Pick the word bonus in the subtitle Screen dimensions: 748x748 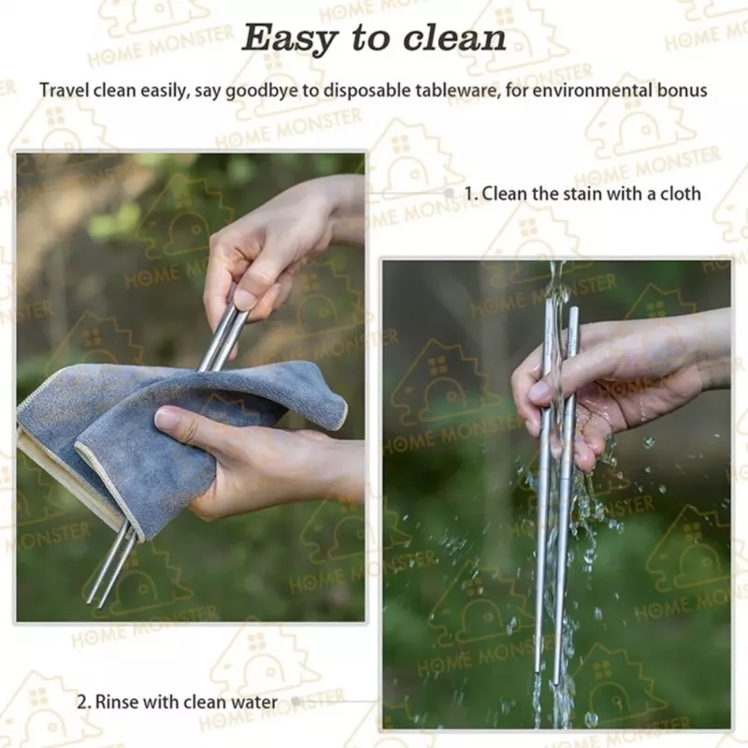[683, 90]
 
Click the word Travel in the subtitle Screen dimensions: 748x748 [65, 90]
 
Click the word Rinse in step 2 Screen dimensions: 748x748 [117, 702]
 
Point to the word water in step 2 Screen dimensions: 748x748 [254, 702]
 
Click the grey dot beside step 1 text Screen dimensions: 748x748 [449, 193]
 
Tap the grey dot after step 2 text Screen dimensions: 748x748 [295, 701]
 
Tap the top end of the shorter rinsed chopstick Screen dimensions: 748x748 [573, 311]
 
